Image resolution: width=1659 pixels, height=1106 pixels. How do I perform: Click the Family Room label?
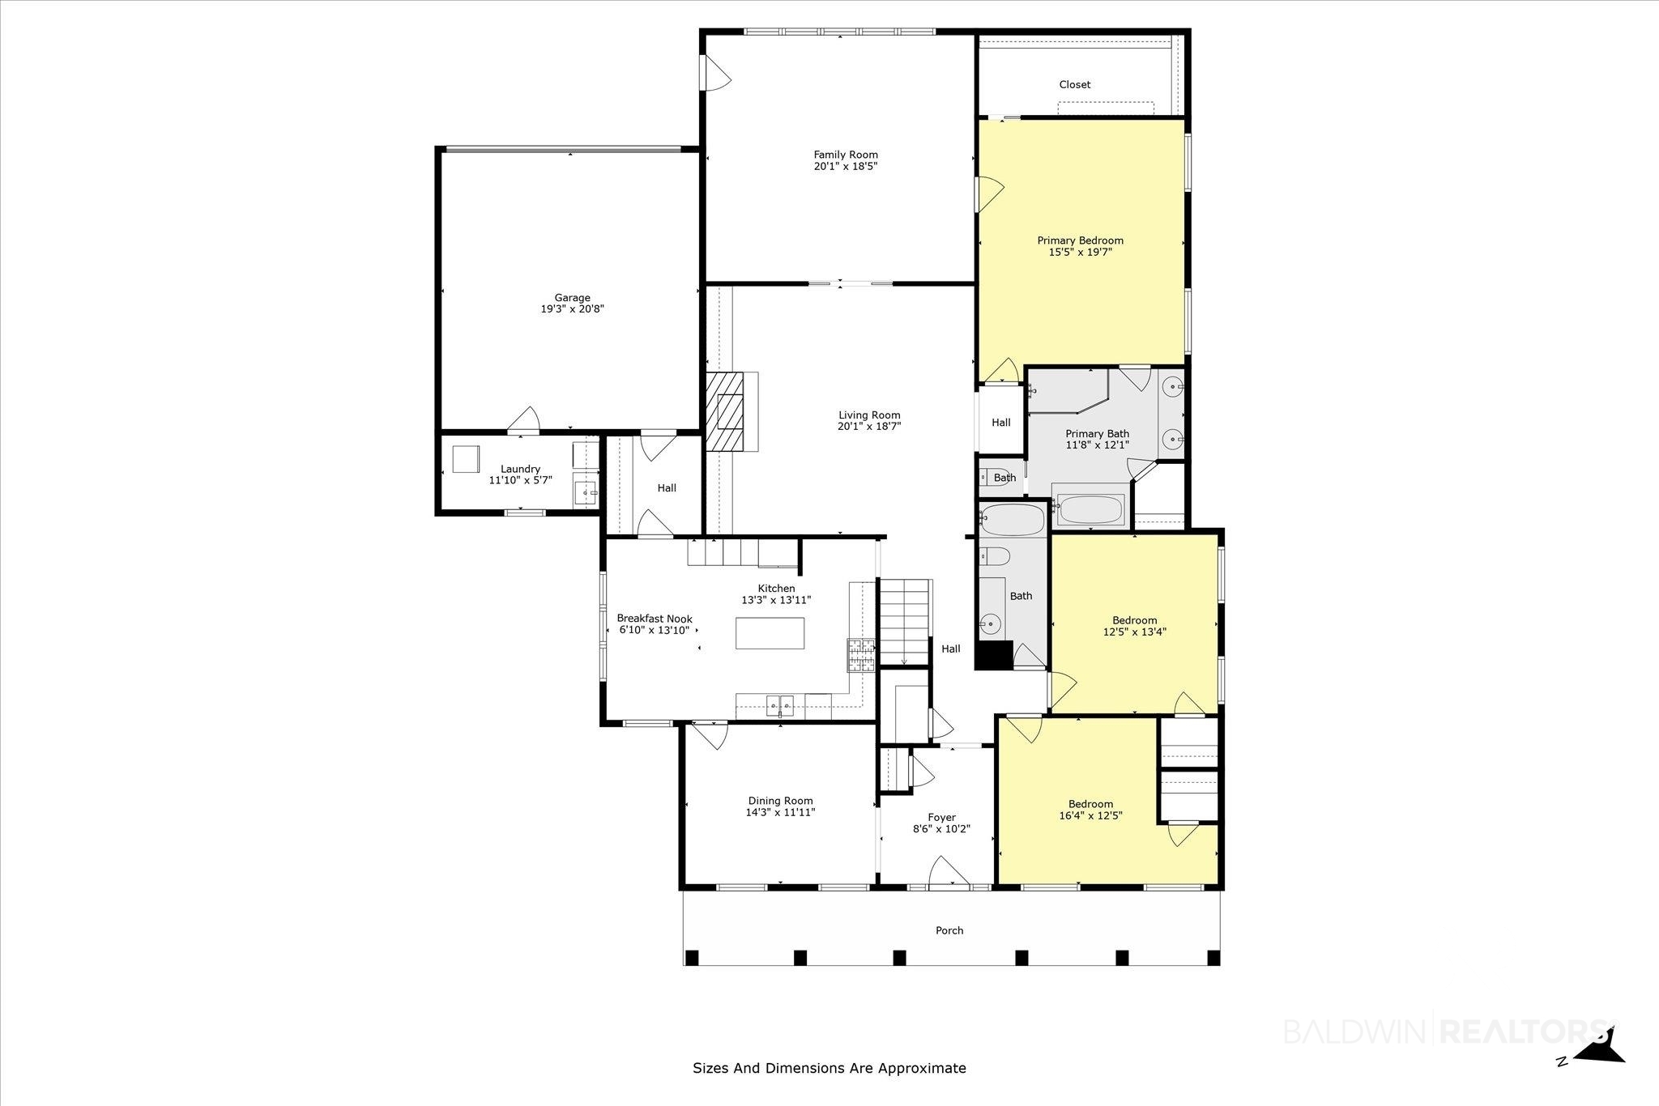(x=846, y=155)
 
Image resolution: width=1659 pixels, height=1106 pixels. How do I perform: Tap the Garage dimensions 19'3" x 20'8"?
(x=573, y=309)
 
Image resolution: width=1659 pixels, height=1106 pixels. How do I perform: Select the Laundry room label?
(x=520, y=470)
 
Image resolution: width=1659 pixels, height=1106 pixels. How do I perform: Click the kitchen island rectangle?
(x=770, y=633)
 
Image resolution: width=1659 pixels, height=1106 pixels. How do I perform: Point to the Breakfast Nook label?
(x=655, y=619)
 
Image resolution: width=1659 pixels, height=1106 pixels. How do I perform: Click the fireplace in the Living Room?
(x=731, y=411)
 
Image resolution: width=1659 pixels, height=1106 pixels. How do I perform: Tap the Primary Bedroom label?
(x=1081, y=240)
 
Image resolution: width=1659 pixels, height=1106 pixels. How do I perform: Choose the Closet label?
(x=1075, y=84)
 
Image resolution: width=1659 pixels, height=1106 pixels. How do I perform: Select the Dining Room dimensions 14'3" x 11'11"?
(x=781, y=812)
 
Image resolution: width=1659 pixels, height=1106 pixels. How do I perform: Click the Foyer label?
(x=942, y=818)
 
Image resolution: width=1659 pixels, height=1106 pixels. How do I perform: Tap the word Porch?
(x=949, y=930)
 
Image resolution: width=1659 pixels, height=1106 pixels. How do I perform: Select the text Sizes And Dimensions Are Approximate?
(x=829, y=1068)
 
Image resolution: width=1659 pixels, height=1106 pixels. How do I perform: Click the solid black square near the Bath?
(x=994, y=655)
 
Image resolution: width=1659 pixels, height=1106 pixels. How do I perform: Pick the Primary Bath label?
(x=1098, y=434)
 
